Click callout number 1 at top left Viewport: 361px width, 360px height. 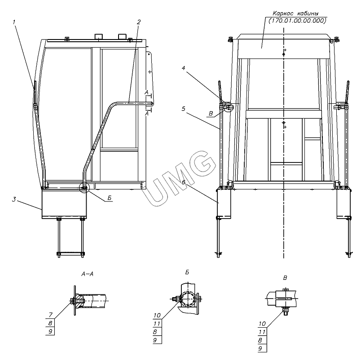[14, 22]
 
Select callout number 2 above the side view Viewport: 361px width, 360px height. [138, 22]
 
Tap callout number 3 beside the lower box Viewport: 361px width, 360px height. [14, 199]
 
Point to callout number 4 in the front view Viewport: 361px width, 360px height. [183, 68]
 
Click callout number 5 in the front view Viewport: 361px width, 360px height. [183, 109]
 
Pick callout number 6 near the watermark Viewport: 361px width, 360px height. [183, 176]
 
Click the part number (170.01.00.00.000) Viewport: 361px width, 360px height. [297, 21]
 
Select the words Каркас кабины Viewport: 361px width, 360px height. [295, 13]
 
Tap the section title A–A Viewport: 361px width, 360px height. [88, 274]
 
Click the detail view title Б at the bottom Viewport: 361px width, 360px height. [187, 272]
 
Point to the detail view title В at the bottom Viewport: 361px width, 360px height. [285, 278]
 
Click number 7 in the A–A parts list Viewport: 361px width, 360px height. [51, 314]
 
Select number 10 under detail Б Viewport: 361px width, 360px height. [157, 315]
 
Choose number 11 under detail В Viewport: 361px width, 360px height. [262, 332]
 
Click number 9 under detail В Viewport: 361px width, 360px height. [260, 348]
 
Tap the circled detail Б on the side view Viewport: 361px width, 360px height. [84, 187]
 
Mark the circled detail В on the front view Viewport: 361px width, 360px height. [229, 107]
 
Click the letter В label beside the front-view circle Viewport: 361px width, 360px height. [211, 114]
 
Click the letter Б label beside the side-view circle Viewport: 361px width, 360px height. [110, 198]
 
